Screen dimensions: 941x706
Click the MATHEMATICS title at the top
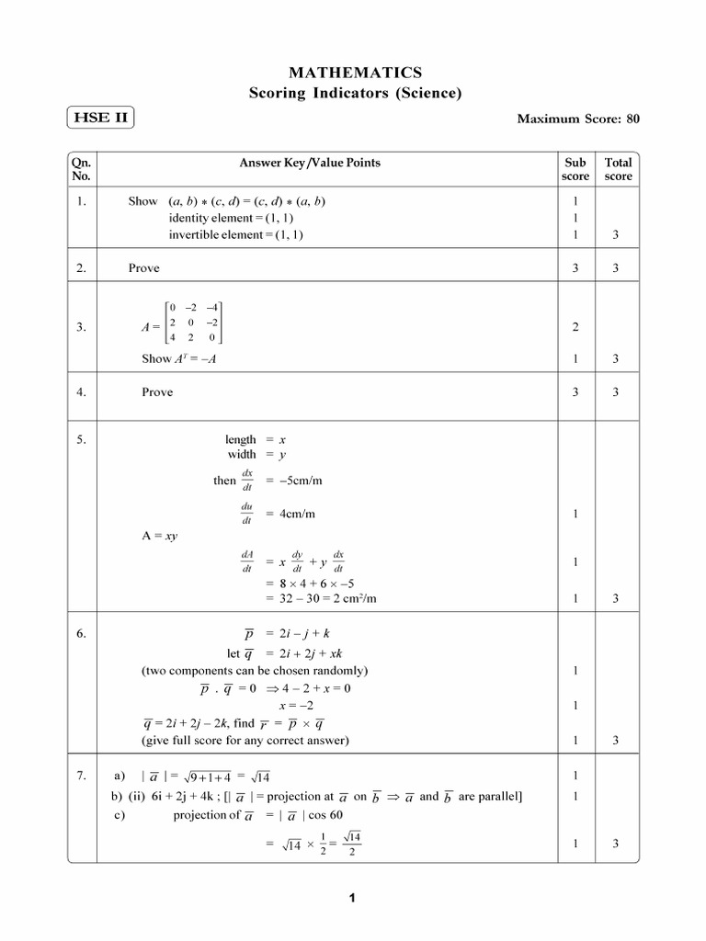pos(356,72)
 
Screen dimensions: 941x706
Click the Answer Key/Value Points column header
pos(310,163)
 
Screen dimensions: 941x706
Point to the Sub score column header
pos(575,169)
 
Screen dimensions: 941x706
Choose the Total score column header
pos(618,169)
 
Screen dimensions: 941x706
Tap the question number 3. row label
pos(82,326)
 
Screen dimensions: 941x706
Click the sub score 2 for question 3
pos(575,326)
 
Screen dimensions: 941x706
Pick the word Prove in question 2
pos(143,268)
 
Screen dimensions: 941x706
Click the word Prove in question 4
pos(156,392)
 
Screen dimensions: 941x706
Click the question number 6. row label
pos(82,634)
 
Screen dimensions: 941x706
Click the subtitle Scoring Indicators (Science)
pos(356,93)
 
